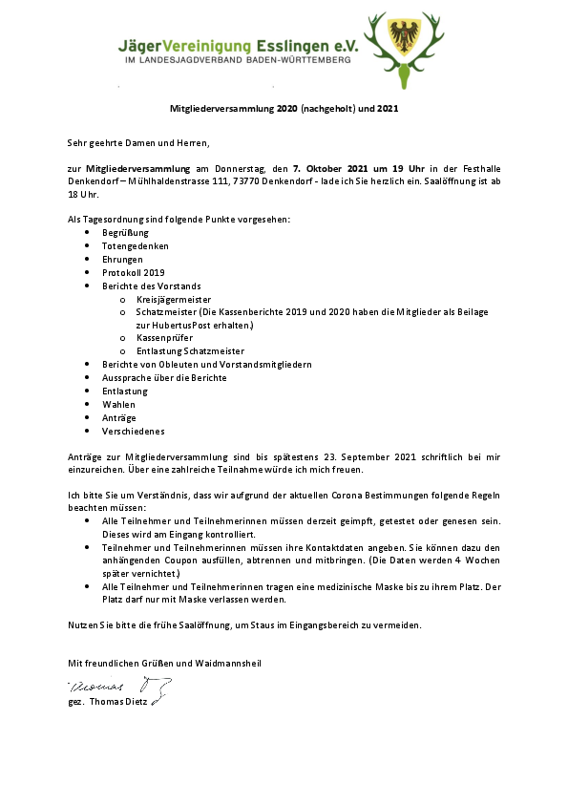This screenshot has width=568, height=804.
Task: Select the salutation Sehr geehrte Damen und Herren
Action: coord(137,142)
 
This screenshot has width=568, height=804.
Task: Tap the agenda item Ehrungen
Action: coord(123,260)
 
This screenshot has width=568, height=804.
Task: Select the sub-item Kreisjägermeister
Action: coord(175,299)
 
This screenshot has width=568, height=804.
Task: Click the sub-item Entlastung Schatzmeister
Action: coord(191,351)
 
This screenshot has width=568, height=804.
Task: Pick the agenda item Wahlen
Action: coord(119,404)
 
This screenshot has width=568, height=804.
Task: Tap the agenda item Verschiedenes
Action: coord(133,431)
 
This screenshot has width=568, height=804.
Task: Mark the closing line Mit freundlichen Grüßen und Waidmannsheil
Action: coord(163,663)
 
